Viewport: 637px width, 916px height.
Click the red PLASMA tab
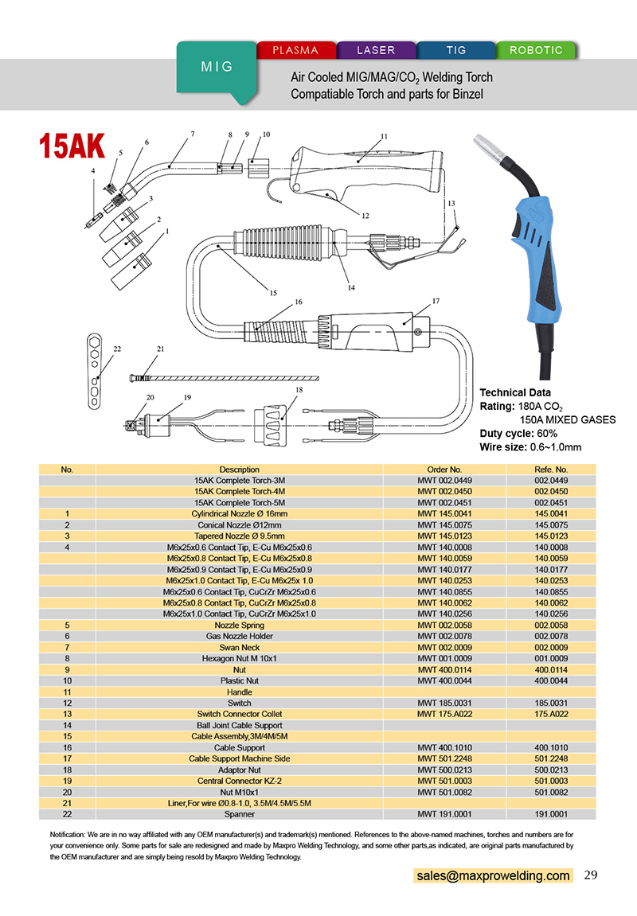[x=295, y=50]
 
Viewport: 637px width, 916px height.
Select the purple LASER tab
[x=376, y=50]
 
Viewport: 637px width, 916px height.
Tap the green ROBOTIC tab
[x=536, y=50]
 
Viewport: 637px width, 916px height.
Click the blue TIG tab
[x=456, y=50]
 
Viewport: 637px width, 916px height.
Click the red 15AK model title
[x=72, y=146]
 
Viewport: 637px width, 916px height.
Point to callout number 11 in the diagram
[x=384, y=137]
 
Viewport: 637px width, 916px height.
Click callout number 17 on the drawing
[x=436, y=302]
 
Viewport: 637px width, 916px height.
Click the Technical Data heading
[x=514, y=392]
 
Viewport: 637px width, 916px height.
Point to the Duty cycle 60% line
[x=518, y=433]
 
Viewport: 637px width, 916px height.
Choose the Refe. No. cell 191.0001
[x=551, y=814]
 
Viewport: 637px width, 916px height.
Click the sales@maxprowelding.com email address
[x=493, y=875]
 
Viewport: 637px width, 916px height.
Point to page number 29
[x=591, y=875]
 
